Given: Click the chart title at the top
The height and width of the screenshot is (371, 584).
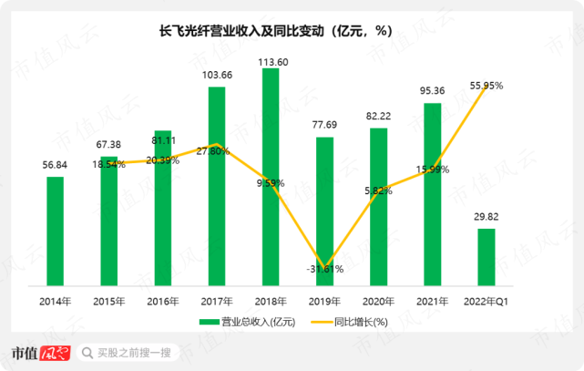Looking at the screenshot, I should tap(275, 31).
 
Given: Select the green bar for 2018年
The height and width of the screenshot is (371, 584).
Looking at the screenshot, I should tap(271, 177).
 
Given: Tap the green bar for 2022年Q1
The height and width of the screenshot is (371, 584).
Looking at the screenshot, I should tap(487, 257).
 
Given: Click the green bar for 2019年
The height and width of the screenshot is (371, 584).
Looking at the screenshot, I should tap(324, 211).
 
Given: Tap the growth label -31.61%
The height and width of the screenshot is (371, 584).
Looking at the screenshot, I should tap(324, 269).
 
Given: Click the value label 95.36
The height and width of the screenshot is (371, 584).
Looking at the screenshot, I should tap(433, 90).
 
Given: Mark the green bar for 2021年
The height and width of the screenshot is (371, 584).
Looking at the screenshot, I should tap(433, 195).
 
